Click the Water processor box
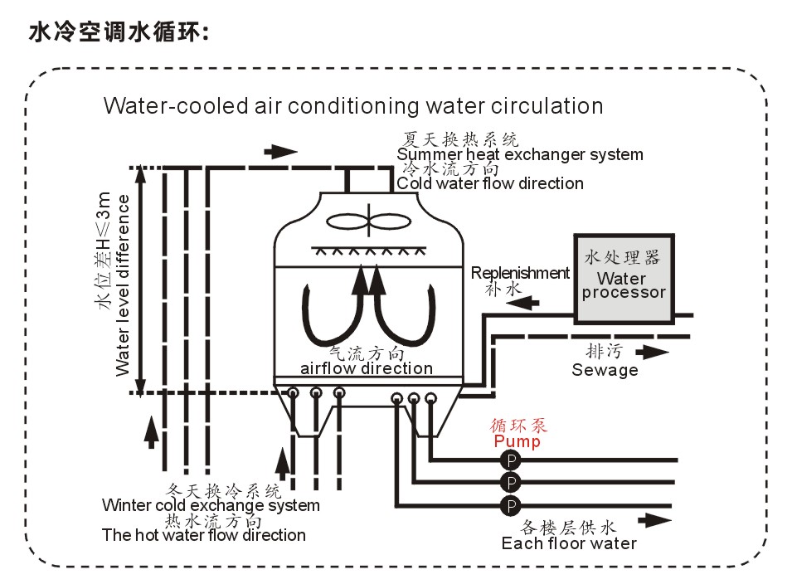[x=623, y=279]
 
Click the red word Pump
[x=517, y=441]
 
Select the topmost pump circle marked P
[x=511, y=460]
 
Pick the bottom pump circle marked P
[x=511, y=504]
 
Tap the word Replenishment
[x=520, y=273]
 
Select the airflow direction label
[x=366, y=368]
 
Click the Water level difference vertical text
[x=123, y=285]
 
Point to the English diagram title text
[x=352, y=106]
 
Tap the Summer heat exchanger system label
[x=520, y=154]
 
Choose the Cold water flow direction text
[x=490, y=183]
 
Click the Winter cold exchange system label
[x=211, y=505]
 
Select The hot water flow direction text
[x=204, y=535]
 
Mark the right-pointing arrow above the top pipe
[x=280, y=152]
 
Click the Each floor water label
[x=569, y=543]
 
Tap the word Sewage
[x=605, y=370]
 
